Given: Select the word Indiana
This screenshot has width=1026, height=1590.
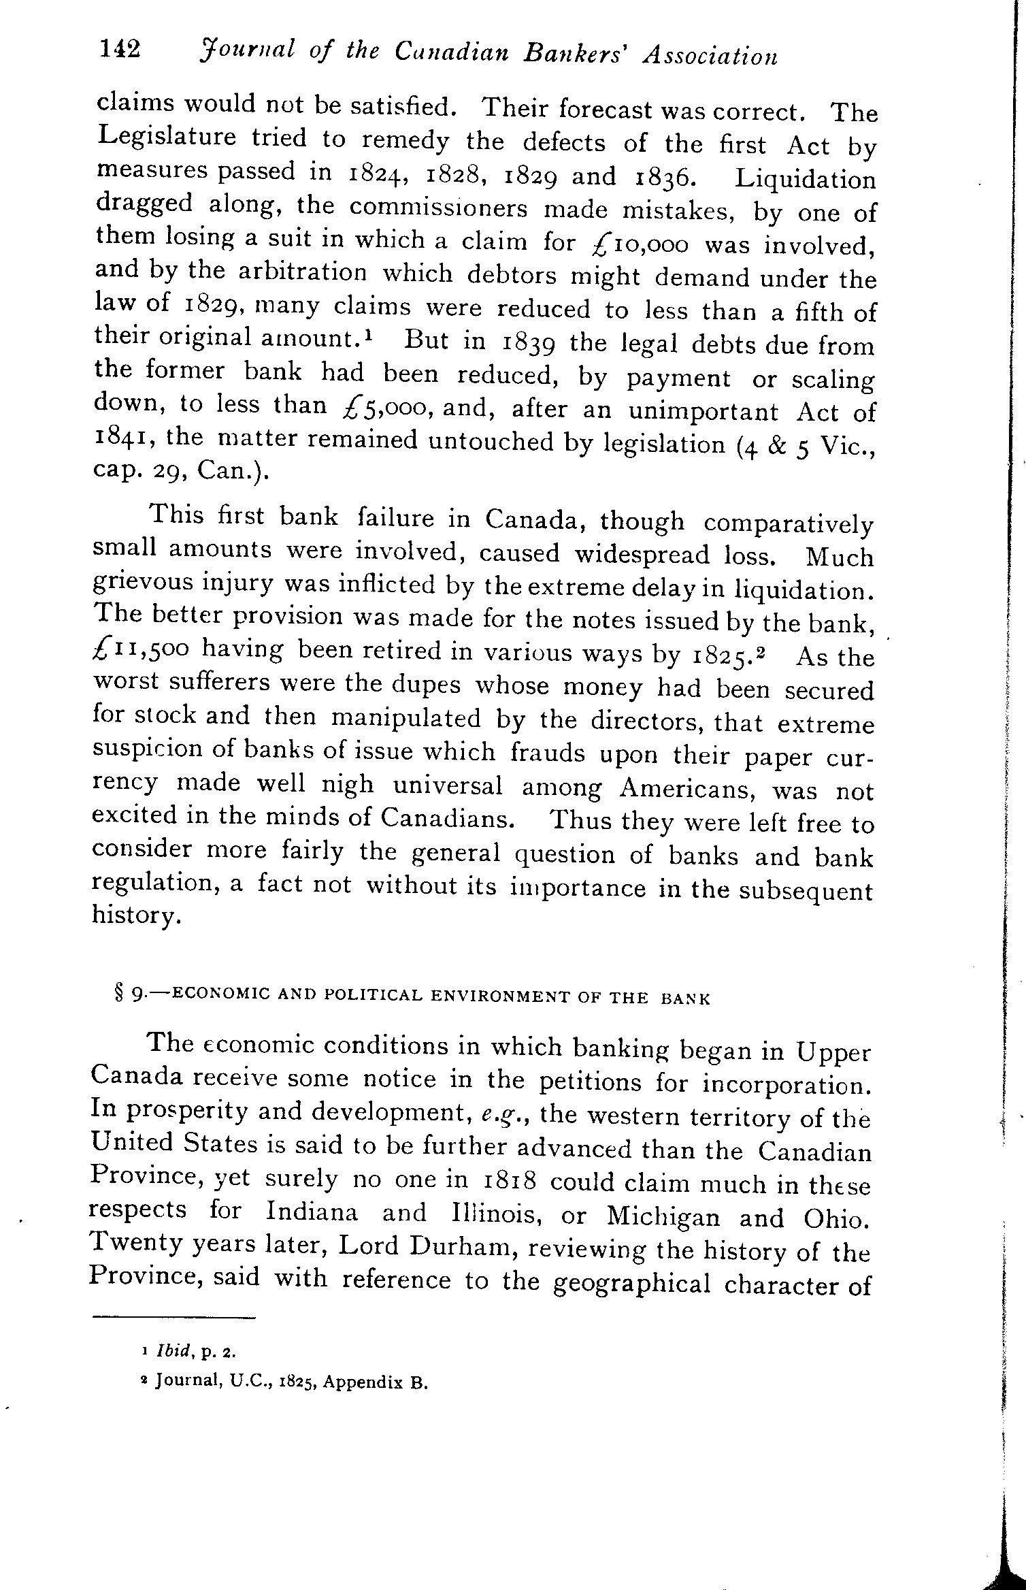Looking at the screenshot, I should (x=312, y=1212).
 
